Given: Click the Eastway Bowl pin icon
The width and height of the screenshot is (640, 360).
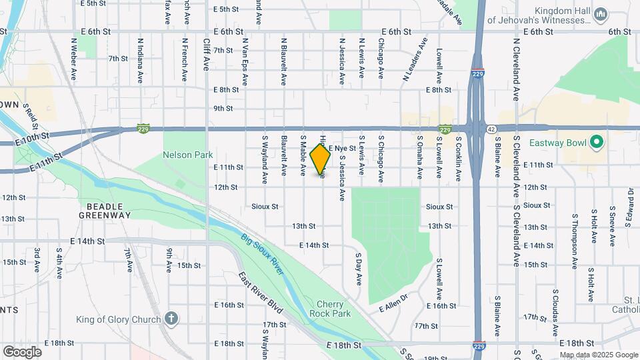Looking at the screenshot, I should point(597,143).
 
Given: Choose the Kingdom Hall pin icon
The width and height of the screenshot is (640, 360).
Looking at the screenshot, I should point(600,14).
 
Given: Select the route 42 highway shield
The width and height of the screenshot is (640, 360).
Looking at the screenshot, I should point(491,129).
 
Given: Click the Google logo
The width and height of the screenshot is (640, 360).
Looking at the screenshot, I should point(21,351).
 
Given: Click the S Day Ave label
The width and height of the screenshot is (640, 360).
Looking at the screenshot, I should point(358,269).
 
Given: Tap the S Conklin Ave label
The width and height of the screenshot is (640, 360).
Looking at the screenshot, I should point(459,159).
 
